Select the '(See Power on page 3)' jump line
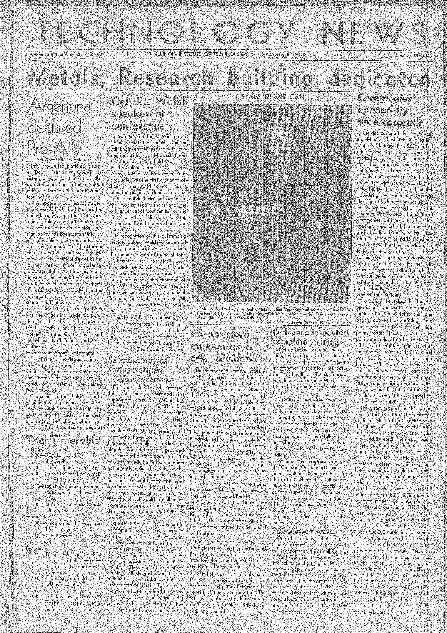click(160, 349)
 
